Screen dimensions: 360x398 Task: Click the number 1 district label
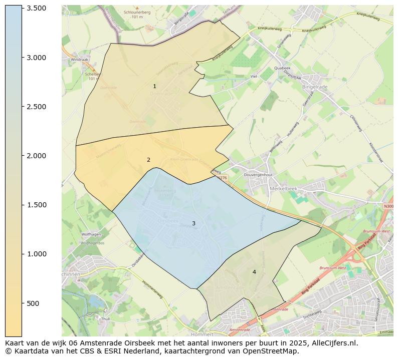[x=154, y=87]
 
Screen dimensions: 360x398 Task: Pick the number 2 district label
[x=148, y=160]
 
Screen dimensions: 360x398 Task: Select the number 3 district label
[x=193, y=224]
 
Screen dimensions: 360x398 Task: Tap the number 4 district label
[x=254, y=272]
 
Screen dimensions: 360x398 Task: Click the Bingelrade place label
[x=315, y=87]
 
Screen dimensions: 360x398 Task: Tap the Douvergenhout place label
[x=258, y=175]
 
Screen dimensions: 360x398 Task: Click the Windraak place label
[x=79, y=60]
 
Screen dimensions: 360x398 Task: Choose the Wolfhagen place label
[x=91, y=234]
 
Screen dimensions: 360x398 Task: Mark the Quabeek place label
[x=282, y=69]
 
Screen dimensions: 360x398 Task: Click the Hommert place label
[x=202, y=334]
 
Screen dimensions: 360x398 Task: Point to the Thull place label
[x=105, y=318]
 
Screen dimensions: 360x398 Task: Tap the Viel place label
[x=253, y=77]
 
